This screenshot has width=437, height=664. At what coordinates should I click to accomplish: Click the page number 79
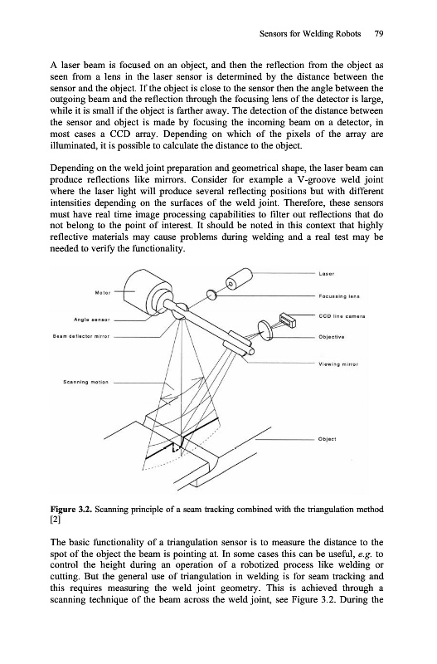pyautogui.click(x=378, y=34)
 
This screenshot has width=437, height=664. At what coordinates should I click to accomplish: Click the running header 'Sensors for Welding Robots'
pyautogui.click(x=310, y=34)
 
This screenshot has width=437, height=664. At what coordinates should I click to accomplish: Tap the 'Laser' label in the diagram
pyautogui.click(x=326, y=274)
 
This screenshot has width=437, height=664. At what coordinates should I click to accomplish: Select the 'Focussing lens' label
pyautogui.click(x=339, y=296)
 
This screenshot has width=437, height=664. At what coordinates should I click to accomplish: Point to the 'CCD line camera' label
pyautogui.click(x=341, y=316)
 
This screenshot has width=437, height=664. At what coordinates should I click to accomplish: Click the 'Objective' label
pyautogui.click(x=331, y=337)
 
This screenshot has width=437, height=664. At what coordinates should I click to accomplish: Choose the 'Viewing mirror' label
pyautogui.click(x=338, y=364)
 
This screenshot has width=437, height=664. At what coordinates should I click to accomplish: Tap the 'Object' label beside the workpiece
pyautogui.click(x=327, y=439)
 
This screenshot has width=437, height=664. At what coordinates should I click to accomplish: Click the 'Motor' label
pyautogui.click(x=102, y=292)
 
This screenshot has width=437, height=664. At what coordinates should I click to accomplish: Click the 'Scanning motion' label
pyautogui.click(x=85, y=382)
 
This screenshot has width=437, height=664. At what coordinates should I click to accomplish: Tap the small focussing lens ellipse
pyautogui.click(x=211, y=295)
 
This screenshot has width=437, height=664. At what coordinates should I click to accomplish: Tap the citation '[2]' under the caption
pyautogui.click(x=56, y=520)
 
